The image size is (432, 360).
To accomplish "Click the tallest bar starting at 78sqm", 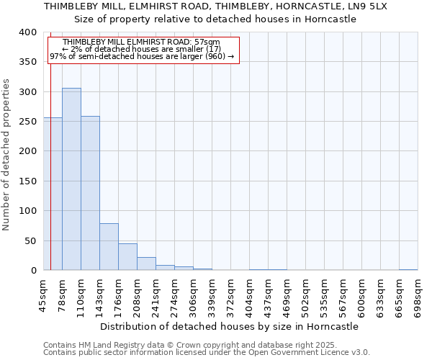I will pyautogui.click(x=71, y=179).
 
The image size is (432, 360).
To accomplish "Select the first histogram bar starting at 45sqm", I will pyautogui.click(x=53, y=194).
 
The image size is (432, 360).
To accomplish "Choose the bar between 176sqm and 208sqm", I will pyautogui.click(x=127, y=257).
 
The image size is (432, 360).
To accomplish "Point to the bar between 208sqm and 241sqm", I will pyautogui.click(x=146, y=264).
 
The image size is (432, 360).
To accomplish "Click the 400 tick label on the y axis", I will pyautogui.click(x=28, y=32).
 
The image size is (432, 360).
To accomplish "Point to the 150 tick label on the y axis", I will pyautogui.click(x=28, y=181).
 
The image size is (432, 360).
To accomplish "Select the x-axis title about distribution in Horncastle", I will pyautogui.click(x=229, y=326).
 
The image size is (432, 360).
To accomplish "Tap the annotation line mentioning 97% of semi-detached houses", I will pyautogui.click(x=142, y=56).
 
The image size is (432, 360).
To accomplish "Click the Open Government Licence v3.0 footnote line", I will pyautogui.click(x=207, y=352).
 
